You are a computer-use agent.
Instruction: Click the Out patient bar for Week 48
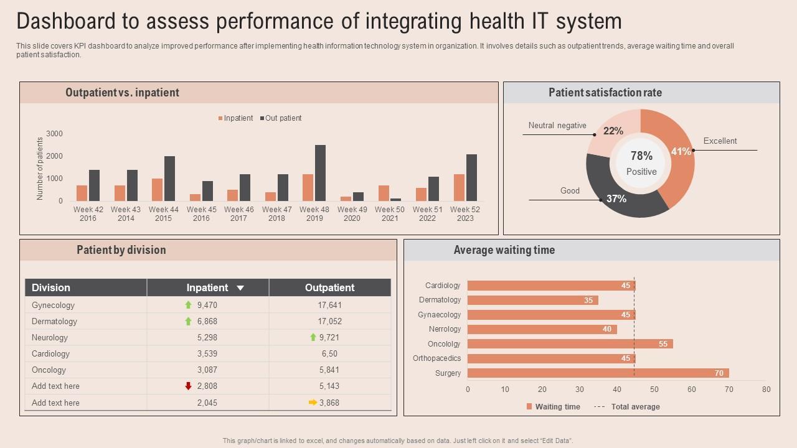click(x=320, y=173)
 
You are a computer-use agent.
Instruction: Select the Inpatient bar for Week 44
click(x=157, y=190)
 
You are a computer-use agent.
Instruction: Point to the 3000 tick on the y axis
click(x=55, y=134)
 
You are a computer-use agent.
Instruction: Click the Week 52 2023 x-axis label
click(x=465, y=213)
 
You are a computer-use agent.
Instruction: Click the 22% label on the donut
click(x=613, y=131)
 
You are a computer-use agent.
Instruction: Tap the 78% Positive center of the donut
click(x=641, y=162)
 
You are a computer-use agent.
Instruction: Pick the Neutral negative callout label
click(x=557, y=126)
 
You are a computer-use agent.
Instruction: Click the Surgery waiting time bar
click(x=598, y=373)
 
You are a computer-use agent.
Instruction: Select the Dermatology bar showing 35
click(x=532, y=301)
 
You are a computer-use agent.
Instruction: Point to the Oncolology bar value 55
click(x=663, y=344)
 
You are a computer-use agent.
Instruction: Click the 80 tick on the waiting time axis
click(x=766, y=390)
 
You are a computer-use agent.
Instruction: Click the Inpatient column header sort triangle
click(x=240, y=288)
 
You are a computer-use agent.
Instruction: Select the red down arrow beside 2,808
click(x=189, y=386)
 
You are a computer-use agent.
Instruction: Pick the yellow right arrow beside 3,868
click(x=313, y=403)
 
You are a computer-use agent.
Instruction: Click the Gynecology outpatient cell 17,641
click(x=329, y=306)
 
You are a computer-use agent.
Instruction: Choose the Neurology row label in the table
click(x=50, y=338)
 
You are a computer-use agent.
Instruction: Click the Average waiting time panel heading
click(x=504, y=250)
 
